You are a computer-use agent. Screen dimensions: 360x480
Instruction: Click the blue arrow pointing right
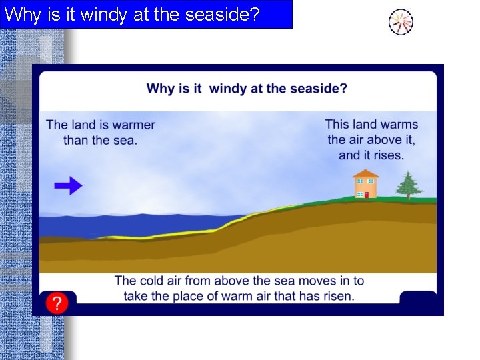click(68, 186)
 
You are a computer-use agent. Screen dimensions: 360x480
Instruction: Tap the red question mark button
click(57, 304)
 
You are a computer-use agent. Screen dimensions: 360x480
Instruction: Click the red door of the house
click(365, 194)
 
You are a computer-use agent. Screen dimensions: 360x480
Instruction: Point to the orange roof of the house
click(365, 173)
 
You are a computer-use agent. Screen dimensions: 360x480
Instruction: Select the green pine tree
click(408, 185)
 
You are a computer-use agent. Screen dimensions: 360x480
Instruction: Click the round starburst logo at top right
click(401, 23)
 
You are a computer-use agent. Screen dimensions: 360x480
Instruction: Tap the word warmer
click(133, 125)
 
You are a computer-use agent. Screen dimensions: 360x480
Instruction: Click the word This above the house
click(337, 125)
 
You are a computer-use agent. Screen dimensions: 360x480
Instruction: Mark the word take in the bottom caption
click(136, 296)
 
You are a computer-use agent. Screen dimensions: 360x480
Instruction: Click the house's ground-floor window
click(359, 194)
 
